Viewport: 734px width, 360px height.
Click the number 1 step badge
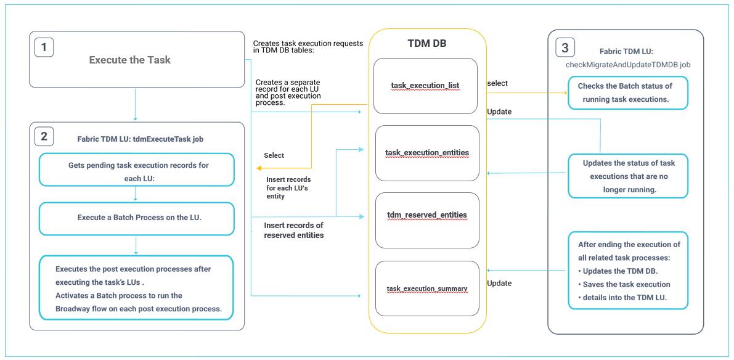pyautogui.click(x=44, y=47)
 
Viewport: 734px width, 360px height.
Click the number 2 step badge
pyautogui.click(x=44, y=137)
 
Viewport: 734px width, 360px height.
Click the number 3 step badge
pyautogui.click(x=565, y=47)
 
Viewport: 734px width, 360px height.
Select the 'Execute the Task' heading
pyautogui.click(x=129, y=60)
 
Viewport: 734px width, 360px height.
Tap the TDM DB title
pyautogui.click(x=427, y=44)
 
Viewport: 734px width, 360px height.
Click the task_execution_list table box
pyautogui.click(x=425, y=86)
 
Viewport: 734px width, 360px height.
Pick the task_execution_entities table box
pyautogui.click(x=427, y=153)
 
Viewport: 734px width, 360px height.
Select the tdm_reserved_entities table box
pyautogui.click(x=427, y=215)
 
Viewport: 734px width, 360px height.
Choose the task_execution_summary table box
pyautogui.click(x=427, y=288)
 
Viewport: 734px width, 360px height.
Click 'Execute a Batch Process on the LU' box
pyautogui.click(x=136, y=218)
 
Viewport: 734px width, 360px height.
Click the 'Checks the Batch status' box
pyautogui.click(x=627, y=92)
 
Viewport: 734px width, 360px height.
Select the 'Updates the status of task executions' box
pyautogui.click(x=627, y=176)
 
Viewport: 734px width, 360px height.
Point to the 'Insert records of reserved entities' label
pyautogui.click(x=293, y=230)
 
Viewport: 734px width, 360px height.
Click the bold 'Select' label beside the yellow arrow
pyautogui.click(x=274, y=155)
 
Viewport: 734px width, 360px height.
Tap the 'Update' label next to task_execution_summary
pyautogui.click(x=499, y=283)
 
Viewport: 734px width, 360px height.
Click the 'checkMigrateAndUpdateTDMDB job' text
pyautogui.click(x=627, y=63)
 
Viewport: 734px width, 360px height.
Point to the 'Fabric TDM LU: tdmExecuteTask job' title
pyautogui.click(x=140, y=139)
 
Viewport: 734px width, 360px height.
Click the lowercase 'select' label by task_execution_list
pyautogui.click(x=497, y=83)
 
